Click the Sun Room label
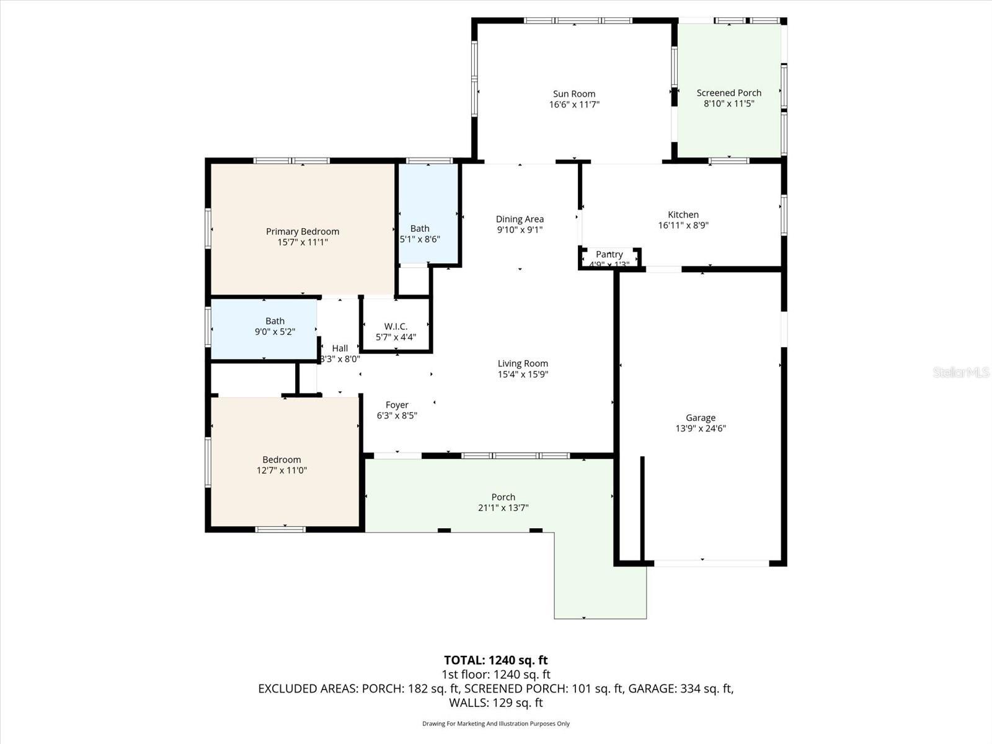pos(574,94)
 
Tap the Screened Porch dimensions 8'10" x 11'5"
pos(728,104)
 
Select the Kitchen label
pos(683,215)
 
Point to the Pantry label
pos(609,254)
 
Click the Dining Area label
pos(520,219)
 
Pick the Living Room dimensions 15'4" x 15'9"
pos(523,374)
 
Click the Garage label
pos(701,418)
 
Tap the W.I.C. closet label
pos(396,326)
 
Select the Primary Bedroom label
pos(303,231)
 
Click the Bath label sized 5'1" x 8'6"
pos(420,228)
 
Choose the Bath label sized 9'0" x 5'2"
pos(275,321)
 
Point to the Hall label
pos(340,348)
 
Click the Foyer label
pos(397,405)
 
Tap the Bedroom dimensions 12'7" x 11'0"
pos(281,471)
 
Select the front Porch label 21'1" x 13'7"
pos(503,497)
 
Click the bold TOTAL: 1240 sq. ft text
pos(495,660)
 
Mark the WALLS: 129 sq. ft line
pos(495,703)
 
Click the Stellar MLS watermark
pos(960,372)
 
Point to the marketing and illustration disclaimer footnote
pos(495,724)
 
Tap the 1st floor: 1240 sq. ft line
pos(495,675)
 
